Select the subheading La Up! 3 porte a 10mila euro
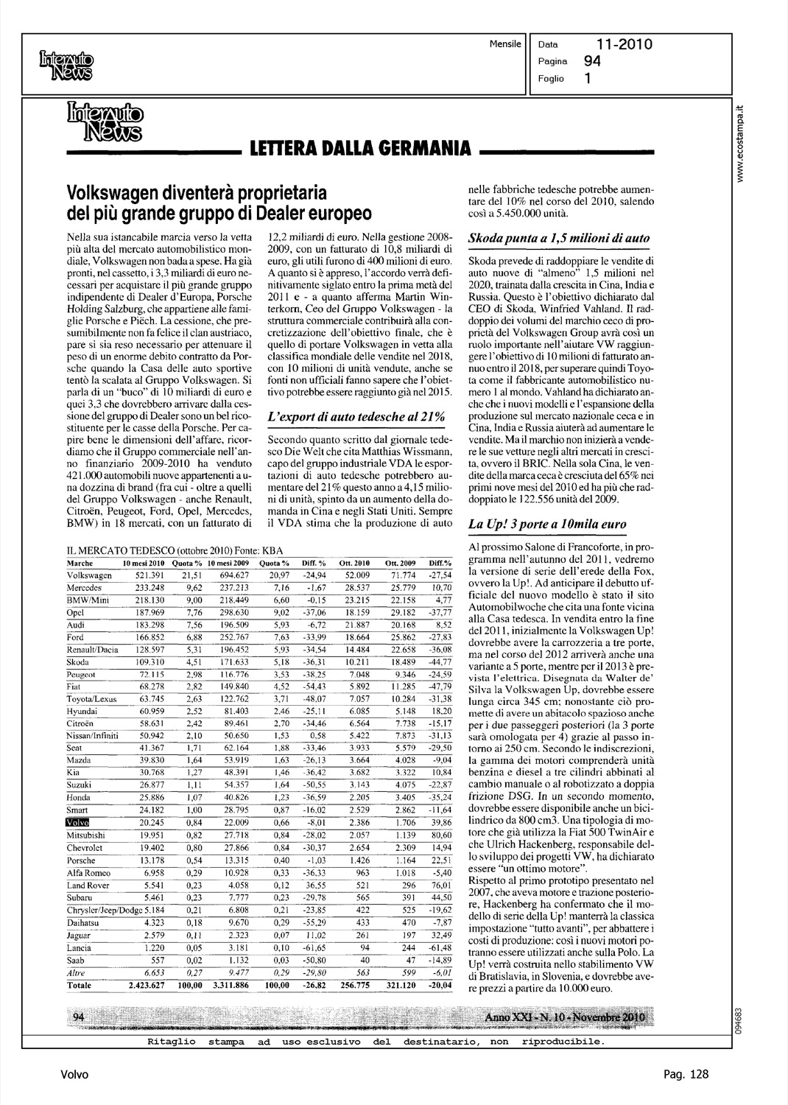548,525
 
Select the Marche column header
80,563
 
